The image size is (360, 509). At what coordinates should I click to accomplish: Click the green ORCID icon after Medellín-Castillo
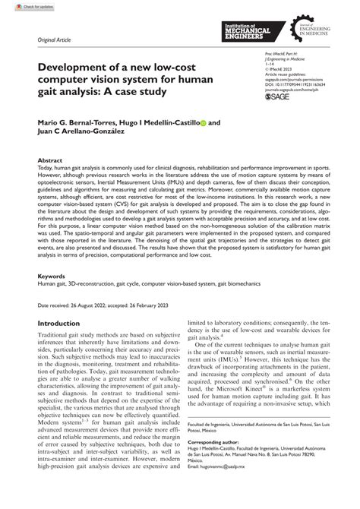(x=203, y=122)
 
